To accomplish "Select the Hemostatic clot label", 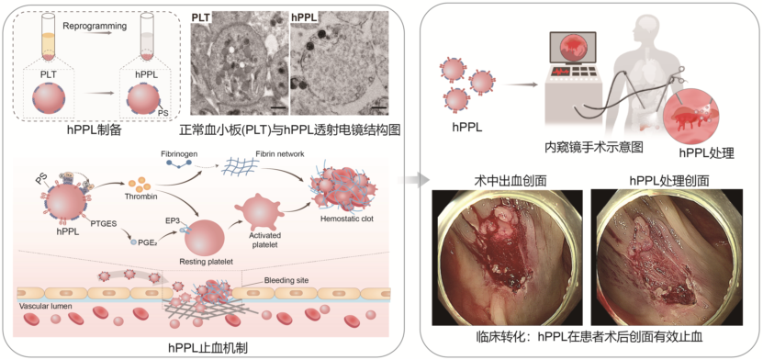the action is (342, 219).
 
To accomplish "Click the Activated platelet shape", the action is (257, 209).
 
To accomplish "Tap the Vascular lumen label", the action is (41, 308).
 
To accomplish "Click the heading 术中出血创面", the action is (508, 181).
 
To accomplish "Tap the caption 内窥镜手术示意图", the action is (593, 147).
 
